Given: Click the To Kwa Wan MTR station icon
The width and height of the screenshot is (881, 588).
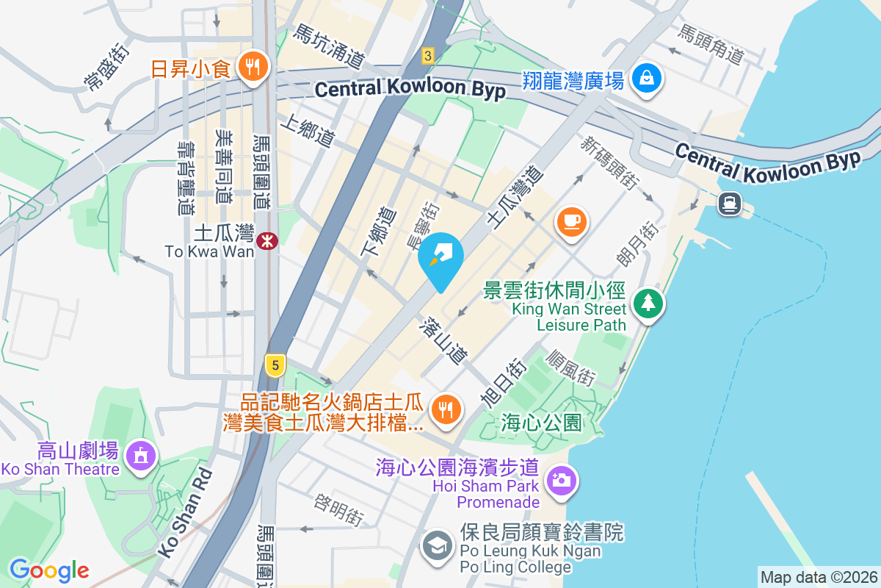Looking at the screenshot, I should (x=268, y=240).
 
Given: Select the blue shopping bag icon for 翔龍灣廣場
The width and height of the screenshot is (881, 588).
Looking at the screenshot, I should (x=647, y=77).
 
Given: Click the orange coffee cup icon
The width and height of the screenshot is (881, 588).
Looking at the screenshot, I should (x=572, y=220).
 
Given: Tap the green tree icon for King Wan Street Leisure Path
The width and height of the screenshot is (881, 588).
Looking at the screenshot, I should (x=647, y=302).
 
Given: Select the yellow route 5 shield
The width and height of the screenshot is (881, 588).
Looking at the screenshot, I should (x=275, y=365).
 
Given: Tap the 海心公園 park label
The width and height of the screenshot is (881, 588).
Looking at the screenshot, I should (x=542, y=423).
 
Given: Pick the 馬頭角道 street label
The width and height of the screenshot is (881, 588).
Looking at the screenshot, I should (x=710, y=44).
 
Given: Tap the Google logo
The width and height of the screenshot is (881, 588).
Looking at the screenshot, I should (x=49, y=570).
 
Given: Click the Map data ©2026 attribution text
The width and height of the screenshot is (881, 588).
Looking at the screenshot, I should (x=818, y=577).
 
